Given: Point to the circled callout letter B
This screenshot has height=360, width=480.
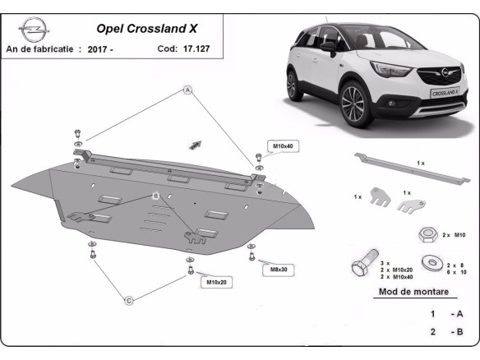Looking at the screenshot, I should click(x=155, y=196).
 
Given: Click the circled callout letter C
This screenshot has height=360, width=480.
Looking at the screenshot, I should click(x=129, y=301).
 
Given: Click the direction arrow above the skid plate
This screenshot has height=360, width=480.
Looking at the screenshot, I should click(x=196, y=144).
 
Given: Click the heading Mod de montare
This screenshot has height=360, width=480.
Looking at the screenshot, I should click(x=413, y=292).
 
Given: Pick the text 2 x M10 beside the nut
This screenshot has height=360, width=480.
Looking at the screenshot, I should click(x=454, y=235).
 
